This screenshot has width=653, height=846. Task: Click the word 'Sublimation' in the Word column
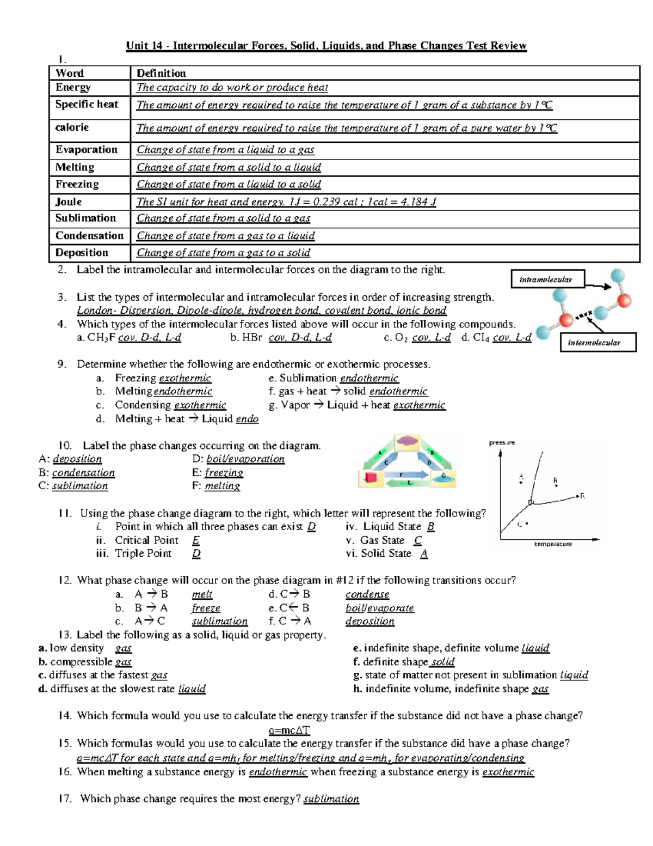(x=85, y=218)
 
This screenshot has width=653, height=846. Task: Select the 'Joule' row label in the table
(x=69, y=202)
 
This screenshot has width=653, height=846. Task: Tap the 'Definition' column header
(x=161, y=74)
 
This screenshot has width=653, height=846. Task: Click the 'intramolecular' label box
(x=546, y=279)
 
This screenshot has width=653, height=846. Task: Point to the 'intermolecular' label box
(x=594, y=343)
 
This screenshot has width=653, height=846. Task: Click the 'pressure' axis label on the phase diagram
(x=502, y=443)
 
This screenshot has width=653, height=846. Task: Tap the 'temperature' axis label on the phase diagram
(x=553, y=544)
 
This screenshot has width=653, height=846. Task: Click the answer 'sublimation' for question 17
(x=331, y=799)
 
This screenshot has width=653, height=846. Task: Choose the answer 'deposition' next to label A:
(x=77, y=459)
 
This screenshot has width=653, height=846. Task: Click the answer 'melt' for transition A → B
(x=202, y=594)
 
